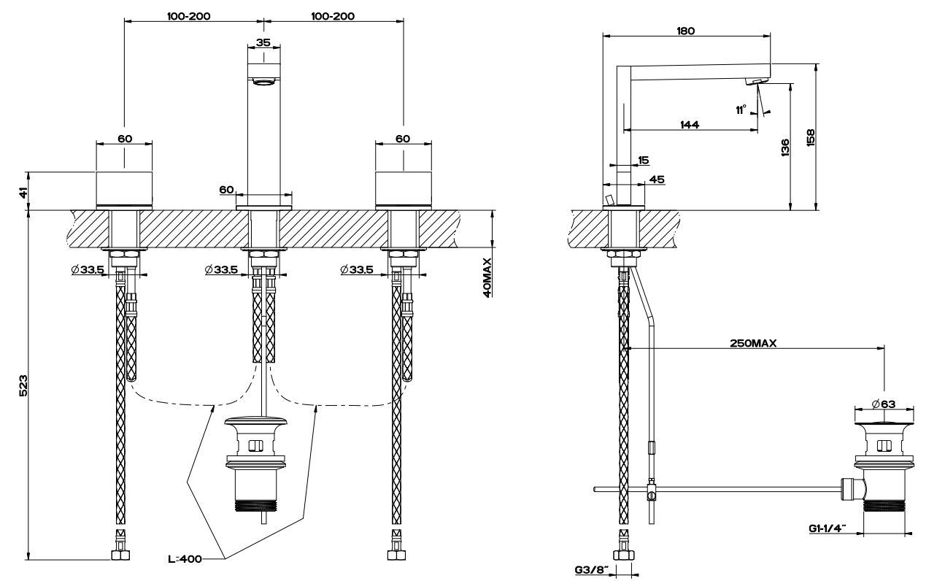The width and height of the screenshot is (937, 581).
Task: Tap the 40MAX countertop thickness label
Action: [x=487, y=277]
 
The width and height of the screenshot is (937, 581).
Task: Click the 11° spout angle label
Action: [x=741, y=109]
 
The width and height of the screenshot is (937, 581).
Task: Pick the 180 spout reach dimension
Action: [x=685, y=31]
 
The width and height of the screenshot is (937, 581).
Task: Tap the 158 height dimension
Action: [x=810, y=137]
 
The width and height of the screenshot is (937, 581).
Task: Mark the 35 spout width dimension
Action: [x=263, y=42]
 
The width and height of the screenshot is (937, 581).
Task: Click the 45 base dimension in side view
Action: [x=656, y=179]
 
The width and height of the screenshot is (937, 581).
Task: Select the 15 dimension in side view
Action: [x=642, y=160]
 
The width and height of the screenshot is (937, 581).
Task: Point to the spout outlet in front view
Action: [x=263, y=82]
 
